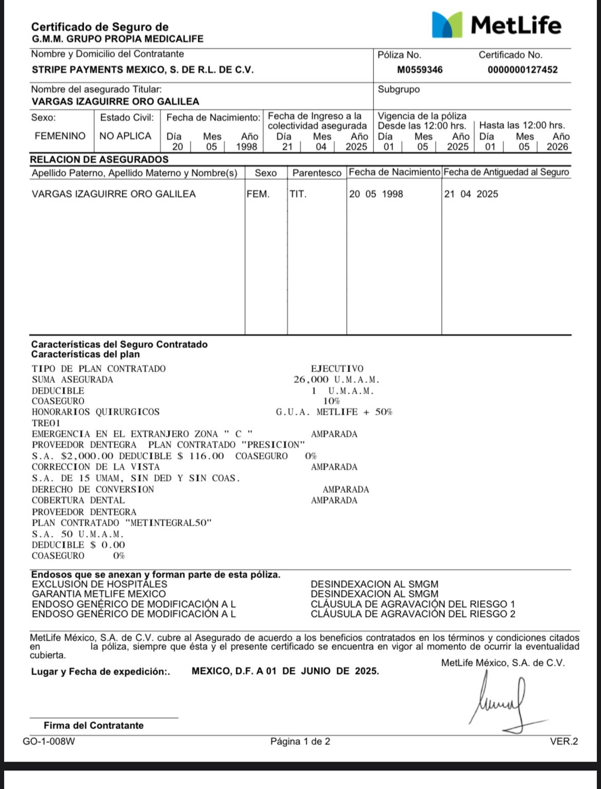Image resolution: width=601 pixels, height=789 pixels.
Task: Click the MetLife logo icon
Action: [x=447, y=25]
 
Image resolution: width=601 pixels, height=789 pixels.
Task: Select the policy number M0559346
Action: [x=420, y=70]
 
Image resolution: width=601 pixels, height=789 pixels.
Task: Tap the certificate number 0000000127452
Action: [x=522, y=70]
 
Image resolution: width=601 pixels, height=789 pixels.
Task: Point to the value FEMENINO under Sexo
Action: [x=60, y=136]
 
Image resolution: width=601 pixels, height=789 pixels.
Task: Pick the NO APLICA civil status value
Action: [x=125, y=136]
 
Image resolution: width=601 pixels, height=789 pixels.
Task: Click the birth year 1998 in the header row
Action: [x=247, y=147]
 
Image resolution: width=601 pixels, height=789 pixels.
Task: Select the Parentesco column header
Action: [x=317, y=173]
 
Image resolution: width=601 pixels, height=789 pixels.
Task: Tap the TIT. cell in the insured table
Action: [x=298, y=194]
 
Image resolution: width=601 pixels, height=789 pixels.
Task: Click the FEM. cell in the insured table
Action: [x=258, y=194]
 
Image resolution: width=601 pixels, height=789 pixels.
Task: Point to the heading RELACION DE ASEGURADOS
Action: [x=99, y=160]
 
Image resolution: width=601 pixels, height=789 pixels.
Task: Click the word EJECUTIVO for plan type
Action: [x=337, y=369]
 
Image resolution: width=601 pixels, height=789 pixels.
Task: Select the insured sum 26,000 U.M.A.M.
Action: [x=336, y=380]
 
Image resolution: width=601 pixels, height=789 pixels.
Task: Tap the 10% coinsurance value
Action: [x=331, y=401]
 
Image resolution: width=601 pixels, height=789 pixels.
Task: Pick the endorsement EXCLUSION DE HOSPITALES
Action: [x=100, y=584]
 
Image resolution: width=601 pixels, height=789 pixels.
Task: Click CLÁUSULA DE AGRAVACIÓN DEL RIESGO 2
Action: [x=412, y=614]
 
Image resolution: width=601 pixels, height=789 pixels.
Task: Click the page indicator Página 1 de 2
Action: [x=300, y=741]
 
